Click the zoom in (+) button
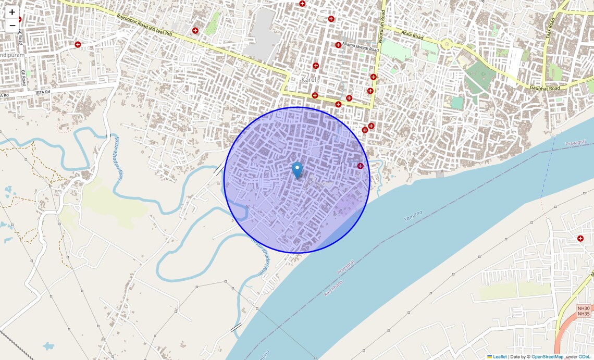12,12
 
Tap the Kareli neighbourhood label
310,80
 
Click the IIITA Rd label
43,92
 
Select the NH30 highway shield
584,308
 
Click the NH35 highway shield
584,314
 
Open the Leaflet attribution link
499,357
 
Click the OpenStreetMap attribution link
547,357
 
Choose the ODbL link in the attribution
585,357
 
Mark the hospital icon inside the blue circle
360,166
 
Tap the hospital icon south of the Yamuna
580,238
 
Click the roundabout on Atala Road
446,44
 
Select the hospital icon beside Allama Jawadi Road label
338,45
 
